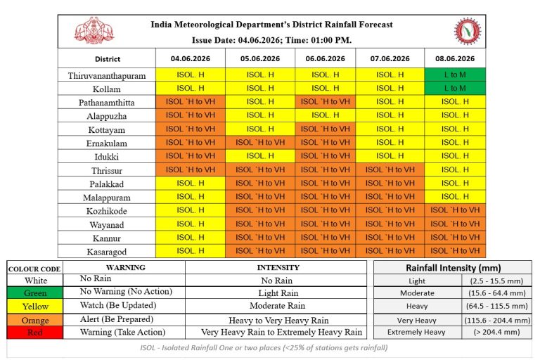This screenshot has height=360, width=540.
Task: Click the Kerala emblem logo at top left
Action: click(94, 30)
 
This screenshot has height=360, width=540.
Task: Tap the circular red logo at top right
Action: click(468, 31)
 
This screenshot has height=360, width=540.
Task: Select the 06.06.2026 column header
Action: click(325, 58)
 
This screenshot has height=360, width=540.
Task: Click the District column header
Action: click(108, 59)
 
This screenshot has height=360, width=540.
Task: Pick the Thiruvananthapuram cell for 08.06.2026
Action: click(455, 75)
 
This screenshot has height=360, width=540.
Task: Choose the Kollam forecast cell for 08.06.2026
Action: click(455, 88)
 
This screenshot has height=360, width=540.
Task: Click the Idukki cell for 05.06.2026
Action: click(260, 156)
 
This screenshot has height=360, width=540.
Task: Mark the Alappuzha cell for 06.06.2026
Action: click(325, 115)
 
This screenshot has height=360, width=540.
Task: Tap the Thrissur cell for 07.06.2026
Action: click(390, 170)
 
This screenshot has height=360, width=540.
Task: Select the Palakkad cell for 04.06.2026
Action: click(191, 184)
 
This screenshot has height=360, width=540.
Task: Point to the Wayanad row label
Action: click(107, 224)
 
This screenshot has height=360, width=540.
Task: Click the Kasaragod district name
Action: click(107, 252)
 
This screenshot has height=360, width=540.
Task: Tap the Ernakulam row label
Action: click(107, 143)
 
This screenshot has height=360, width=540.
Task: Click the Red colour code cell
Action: click(34, 333)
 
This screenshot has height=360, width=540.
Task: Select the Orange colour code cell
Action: click(34, 320)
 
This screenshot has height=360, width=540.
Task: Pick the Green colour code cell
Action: click(34, 292)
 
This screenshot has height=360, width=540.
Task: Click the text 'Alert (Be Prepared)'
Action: click(117, 319)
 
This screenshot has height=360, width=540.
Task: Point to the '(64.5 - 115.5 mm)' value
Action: click(496, 306)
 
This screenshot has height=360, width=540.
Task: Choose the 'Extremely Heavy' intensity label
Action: click(416, 332)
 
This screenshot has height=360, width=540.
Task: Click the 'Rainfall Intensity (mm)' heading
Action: click(453, 268)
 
